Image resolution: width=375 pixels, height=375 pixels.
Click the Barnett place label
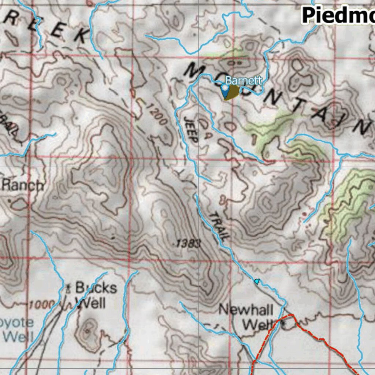tap(244, 80)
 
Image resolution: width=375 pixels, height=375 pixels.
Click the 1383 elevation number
tap(187, 243)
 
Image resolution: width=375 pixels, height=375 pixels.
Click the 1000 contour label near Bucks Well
tap(42, 304)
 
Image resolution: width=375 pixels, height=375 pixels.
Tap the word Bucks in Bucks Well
tap(96, 288)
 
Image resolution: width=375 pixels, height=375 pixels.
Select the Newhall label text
tap(246, 310)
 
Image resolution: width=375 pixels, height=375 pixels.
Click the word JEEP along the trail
tap(191, 130)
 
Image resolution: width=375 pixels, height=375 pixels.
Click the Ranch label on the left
tap(23, 185)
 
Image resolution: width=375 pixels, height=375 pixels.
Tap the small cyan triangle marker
tap(257, 281)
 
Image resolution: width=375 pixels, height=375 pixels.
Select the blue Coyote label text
tap(16, 323)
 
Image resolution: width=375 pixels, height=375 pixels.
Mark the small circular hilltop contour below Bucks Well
tap(88, 330)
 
